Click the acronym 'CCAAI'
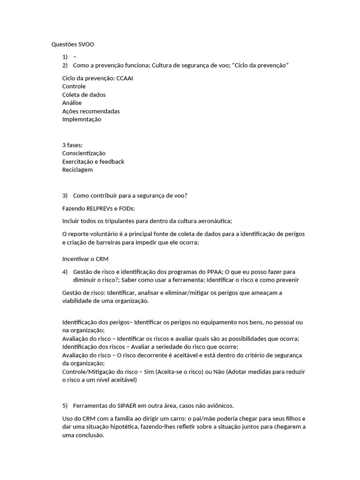point(124,78)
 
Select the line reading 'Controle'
point(74,86)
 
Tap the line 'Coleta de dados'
point(84,95)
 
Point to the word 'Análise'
point(72,103)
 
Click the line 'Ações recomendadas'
point(91,111)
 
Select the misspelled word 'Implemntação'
point(82,119)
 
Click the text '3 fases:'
point(72,145)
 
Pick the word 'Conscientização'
point(84,153)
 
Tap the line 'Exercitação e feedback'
point(93,161)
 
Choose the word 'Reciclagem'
point(77,170)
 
